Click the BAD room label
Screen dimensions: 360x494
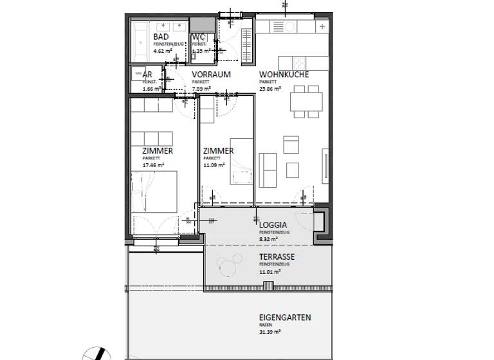[161, 37]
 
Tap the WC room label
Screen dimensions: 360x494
[198, 37]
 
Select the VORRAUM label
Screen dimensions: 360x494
[211, 75]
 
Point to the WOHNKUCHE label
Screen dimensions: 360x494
[284, 75]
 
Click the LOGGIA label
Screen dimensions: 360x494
[273, 225]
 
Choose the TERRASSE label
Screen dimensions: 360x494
[277, 257]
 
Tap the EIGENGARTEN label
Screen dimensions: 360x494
[285, 318]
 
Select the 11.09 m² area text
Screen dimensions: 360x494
[214, 165]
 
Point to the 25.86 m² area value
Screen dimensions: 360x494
[270, 89]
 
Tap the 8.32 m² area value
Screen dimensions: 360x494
[268, 239]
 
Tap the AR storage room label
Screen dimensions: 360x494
[147, 75]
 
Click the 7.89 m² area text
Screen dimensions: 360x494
[202, 89]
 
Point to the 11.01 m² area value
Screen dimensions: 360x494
[270, 271]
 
